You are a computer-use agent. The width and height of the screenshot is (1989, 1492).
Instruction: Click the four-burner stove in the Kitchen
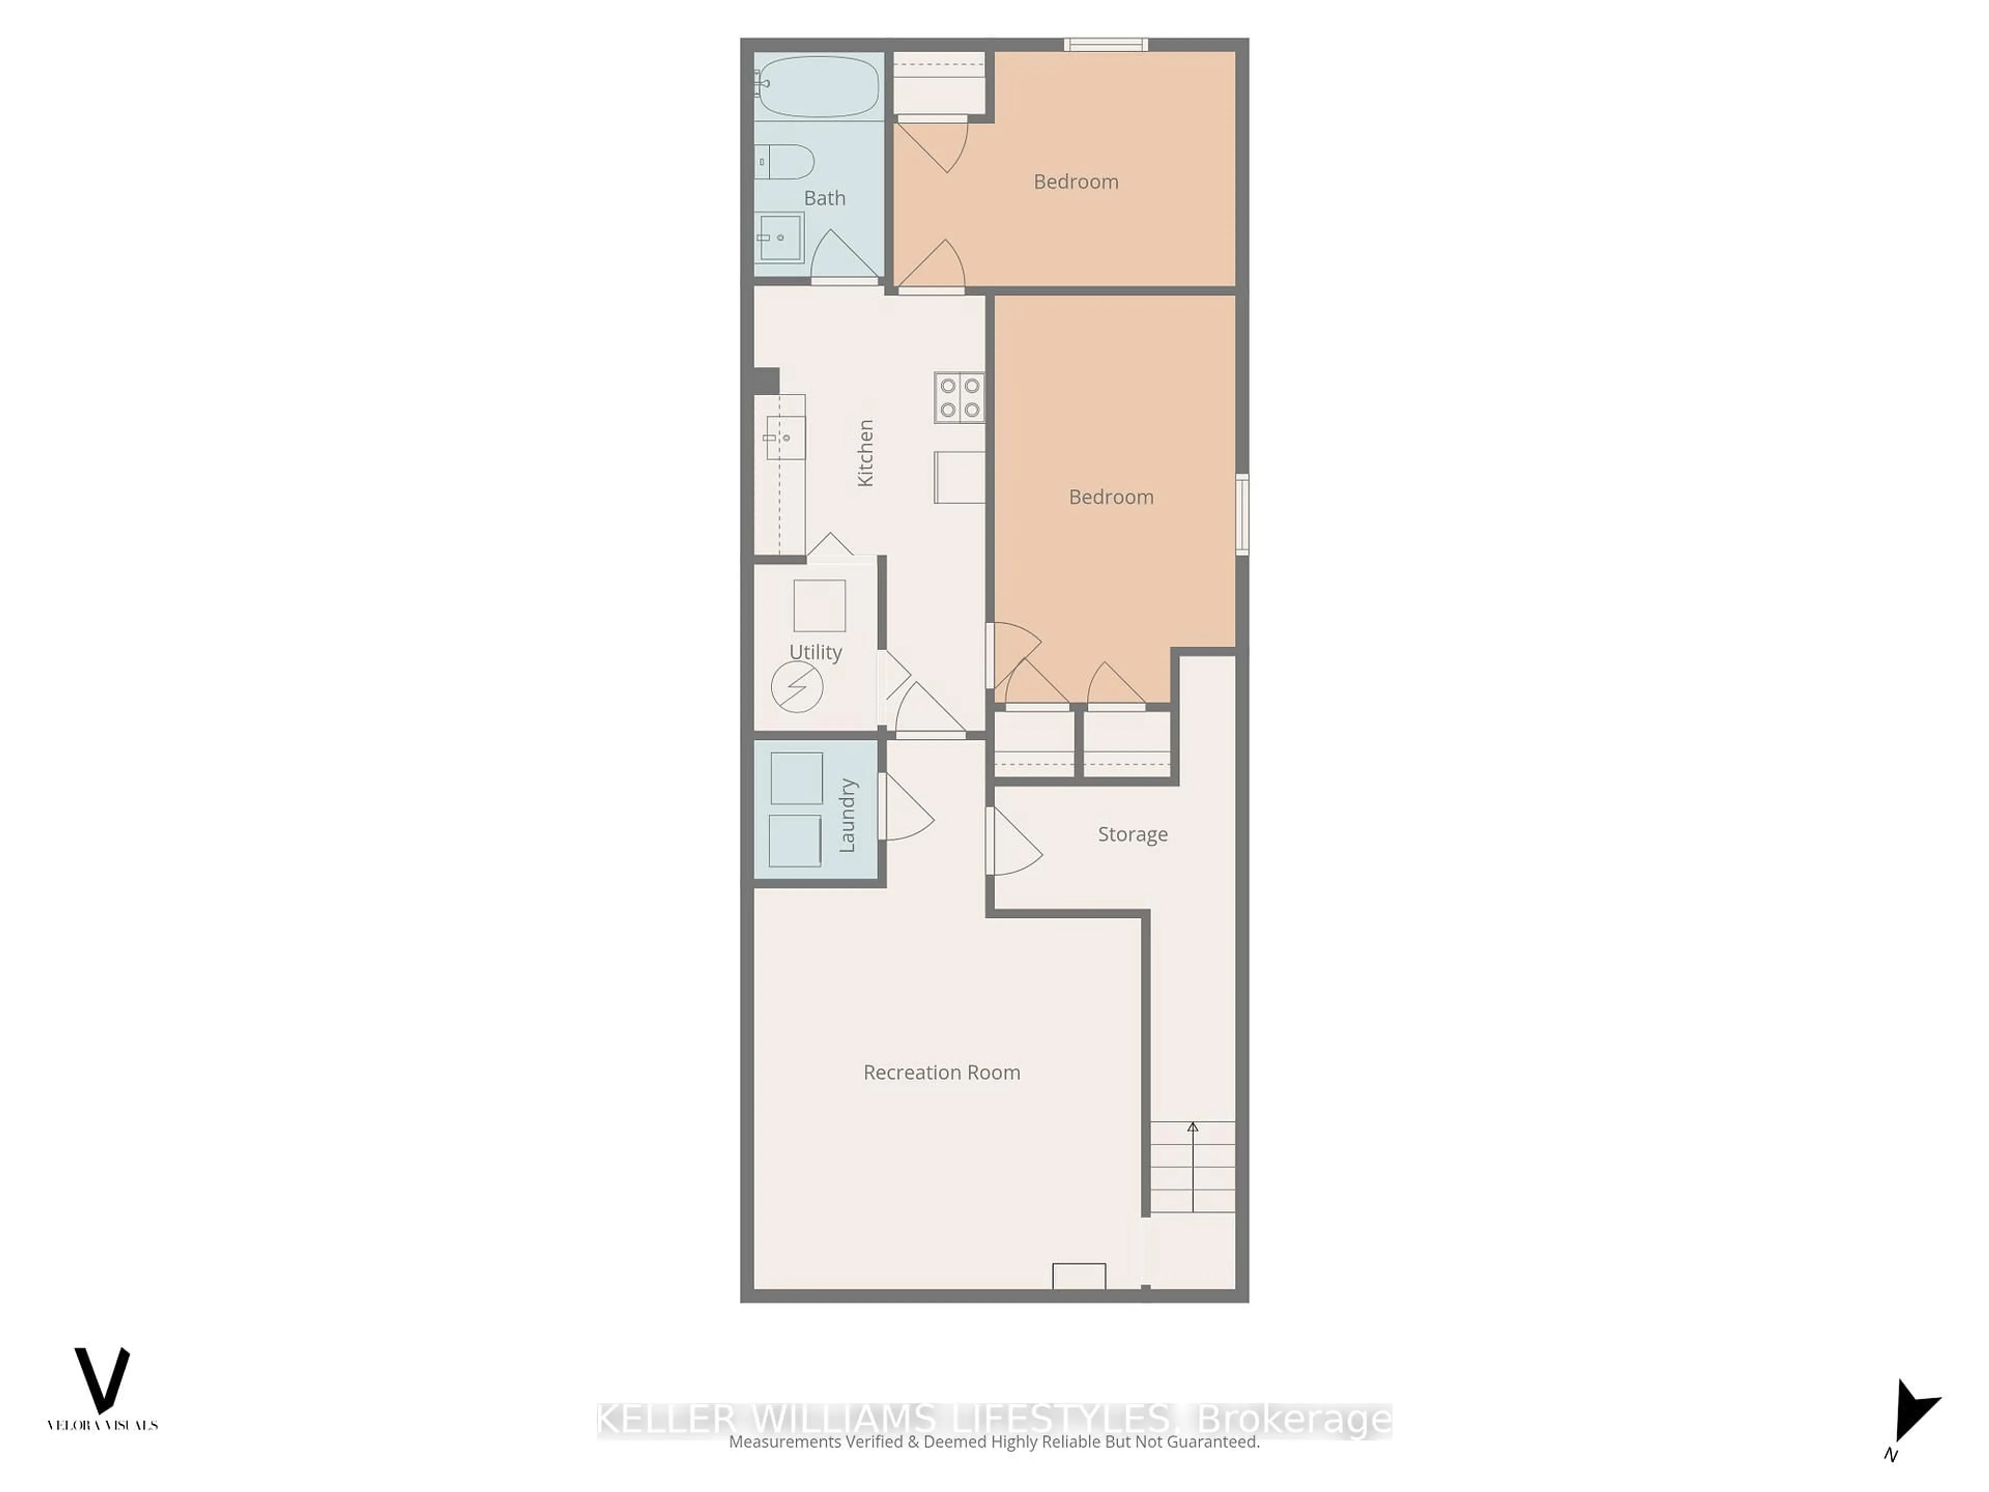point(959,397)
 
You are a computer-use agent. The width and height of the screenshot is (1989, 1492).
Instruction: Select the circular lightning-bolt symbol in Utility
point(797,687)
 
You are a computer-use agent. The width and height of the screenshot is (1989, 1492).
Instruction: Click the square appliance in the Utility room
point(819,605)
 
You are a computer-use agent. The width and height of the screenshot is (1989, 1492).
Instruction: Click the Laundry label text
point(847,815)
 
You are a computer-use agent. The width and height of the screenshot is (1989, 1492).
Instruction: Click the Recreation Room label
point(942,1072)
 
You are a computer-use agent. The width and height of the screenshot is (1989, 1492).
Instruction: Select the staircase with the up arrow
point(1192,1167)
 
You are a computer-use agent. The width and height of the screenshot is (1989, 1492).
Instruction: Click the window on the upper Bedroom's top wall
point(1105,44)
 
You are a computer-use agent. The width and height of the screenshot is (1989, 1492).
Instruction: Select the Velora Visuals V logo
point(102,1381)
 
